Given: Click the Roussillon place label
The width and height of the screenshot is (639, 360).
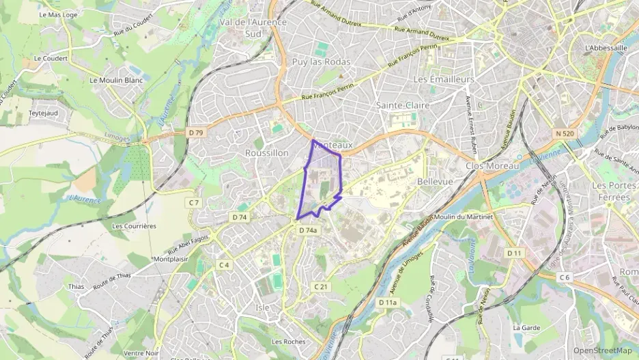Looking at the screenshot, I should [267, 153].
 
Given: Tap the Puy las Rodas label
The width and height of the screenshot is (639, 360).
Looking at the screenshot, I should [321, 61].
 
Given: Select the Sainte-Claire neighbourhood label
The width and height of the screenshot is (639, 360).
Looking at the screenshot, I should [403, 105].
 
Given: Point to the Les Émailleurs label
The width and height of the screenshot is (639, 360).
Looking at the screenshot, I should [444, 79].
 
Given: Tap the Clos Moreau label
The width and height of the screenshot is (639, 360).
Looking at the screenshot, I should [492, 165].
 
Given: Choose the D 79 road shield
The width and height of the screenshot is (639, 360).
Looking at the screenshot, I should [196, 132].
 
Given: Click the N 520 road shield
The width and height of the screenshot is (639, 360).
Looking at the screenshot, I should [565, 133].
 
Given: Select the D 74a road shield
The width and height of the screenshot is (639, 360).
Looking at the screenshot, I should [308, 230].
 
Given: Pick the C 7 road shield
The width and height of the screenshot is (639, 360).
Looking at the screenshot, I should [195, 202].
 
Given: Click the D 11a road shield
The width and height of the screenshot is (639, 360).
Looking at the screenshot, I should [388, 301].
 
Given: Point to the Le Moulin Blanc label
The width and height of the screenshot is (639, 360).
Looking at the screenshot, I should [116, 80].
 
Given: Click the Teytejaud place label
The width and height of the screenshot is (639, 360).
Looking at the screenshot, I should [42, 113].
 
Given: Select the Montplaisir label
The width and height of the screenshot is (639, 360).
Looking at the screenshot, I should [171, 259].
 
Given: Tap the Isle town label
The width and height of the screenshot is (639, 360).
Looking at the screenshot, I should [263, 307].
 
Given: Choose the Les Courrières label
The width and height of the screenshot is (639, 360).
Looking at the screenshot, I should [134, 225].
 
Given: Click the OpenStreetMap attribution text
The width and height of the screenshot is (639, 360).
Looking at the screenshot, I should [603, 350].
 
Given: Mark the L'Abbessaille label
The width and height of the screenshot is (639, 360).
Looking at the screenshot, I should [606, 48].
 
